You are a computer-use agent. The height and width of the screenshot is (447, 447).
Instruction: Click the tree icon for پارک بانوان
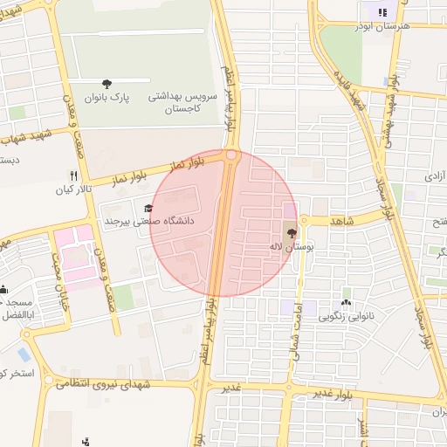[x=107, y=84]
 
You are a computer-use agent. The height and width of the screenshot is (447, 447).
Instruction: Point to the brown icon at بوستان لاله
[x=291, y=233]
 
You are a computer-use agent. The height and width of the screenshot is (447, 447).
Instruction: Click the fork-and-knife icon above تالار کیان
[x=74, y=175]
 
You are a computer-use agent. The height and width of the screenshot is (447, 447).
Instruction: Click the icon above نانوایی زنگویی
[x=347, y=293]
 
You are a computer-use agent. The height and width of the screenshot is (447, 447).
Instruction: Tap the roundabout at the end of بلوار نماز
[x=232, y=155]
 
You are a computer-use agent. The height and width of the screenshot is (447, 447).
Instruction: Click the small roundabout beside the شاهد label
[x=304, y=220]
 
